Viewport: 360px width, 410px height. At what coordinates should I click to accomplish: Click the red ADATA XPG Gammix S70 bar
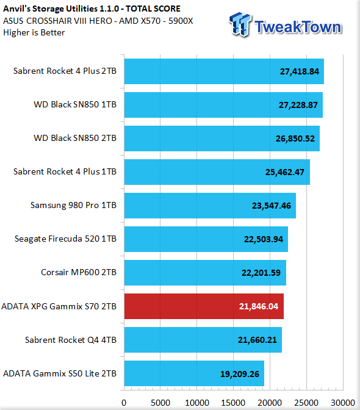click(204, 306)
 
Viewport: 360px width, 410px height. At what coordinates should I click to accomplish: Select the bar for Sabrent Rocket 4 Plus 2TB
click(224, 71)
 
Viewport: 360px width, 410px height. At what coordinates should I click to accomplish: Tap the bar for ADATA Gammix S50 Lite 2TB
click(194, 373)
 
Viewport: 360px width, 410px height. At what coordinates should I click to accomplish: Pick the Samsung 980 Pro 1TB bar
click(210, 206)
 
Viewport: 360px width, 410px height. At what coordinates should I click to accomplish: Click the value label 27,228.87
click(298, 105)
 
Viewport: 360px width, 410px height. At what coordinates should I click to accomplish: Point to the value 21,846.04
click(259, 306)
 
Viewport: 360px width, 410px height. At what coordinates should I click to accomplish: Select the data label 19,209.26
click(240, 374)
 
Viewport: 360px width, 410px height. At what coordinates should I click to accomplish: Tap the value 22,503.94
click(264, 239)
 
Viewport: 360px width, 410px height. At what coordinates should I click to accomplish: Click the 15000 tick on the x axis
click(233, 403)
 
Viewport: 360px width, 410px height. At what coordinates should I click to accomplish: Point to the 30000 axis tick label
click(343, 403)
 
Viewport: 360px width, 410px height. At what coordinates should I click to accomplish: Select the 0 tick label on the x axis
click(124, 403)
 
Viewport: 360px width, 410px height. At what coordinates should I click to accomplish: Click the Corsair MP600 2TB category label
click(79, 273)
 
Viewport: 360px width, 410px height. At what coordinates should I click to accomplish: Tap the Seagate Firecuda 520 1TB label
click(65, 239)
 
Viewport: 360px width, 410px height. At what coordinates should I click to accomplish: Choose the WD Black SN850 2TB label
click(75, 138)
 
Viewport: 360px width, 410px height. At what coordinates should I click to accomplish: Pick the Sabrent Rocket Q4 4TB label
click(71, 340)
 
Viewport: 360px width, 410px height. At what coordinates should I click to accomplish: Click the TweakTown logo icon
click(240, 24)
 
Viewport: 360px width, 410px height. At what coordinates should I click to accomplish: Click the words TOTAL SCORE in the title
click(153, 9)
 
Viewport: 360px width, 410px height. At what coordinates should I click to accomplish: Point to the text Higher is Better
click(34, 33)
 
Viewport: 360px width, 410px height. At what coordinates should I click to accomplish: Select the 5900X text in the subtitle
click(181, 21)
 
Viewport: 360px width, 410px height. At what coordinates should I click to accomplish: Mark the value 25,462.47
click(285, 172)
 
